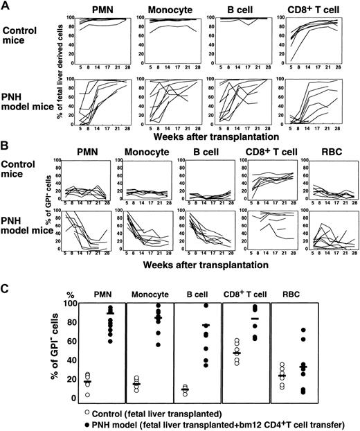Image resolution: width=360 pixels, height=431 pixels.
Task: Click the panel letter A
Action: point(7,6)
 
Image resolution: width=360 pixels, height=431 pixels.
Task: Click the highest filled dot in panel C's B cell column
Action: point(224,306)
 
